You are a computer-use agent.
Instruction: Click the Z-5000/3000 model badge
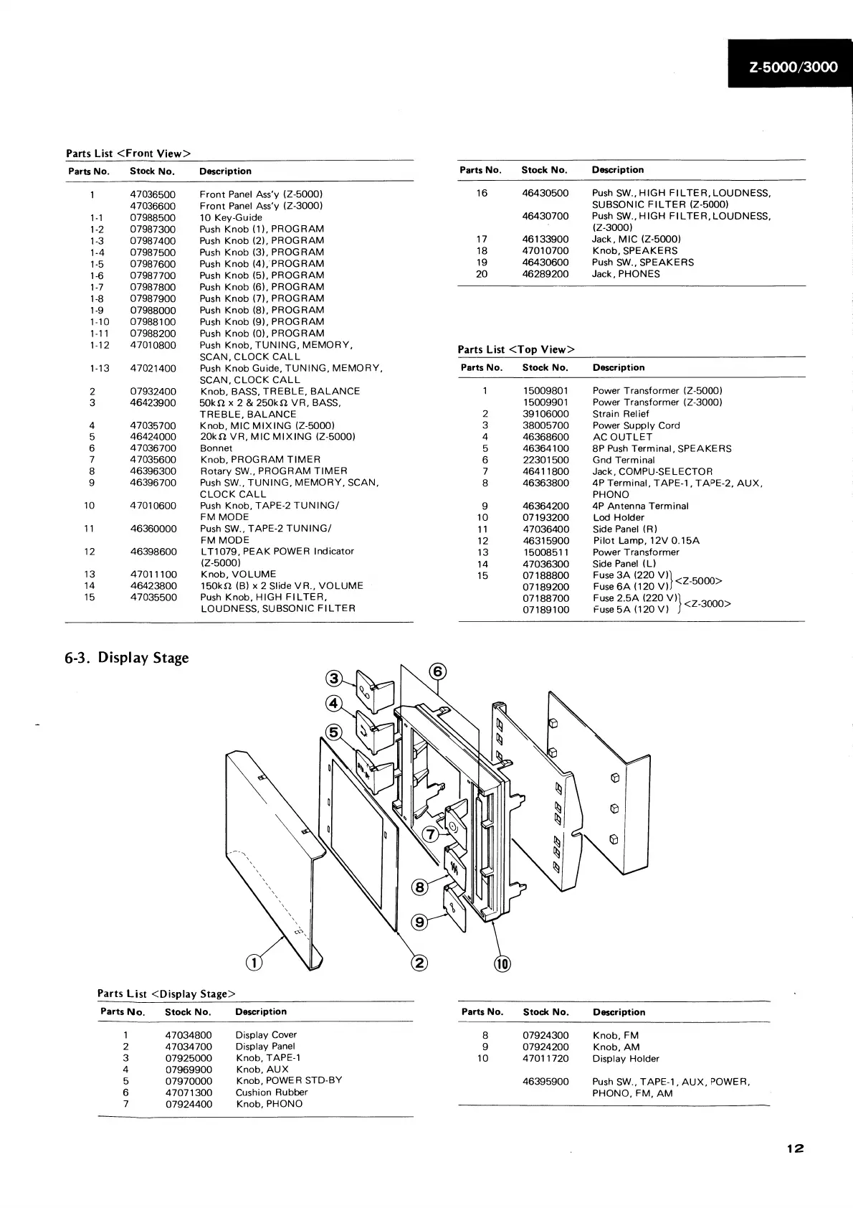(x=793, y=67)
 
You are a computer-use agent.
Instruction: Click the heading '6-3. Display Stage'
(x=127, y=658)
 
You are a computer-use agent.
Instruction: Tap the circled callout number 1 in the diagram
(x=254, y=963)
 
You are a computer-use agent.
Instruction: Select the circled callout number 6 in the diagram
(x=437, y=671)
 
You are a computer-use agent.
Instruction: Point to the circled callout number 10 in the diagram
(x=502, y=964)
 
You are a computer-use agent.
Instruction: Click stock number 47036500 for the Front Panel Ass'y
(x=153, y=194)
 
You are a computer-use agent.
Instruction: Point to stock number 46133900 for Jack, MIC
(x=545, y=239)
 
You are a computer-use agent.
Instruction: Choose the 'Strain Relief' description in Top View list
(x=621, y=414)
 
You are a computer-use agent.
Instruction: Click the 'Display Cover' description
(x=266, y=1034)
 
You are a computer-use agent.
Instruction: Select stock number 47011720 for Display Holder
(x=545, y=1058)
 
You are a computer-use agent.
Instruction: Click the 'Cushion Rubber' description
(x=272, y=1093)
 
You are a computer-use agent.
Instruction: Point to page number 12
(x=795, y=1148)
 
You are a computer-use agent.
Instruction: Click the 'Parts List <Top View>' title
(x=516, y=349)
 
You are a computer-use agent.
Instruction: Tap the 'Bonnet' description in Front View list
(x=216, y=448)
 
